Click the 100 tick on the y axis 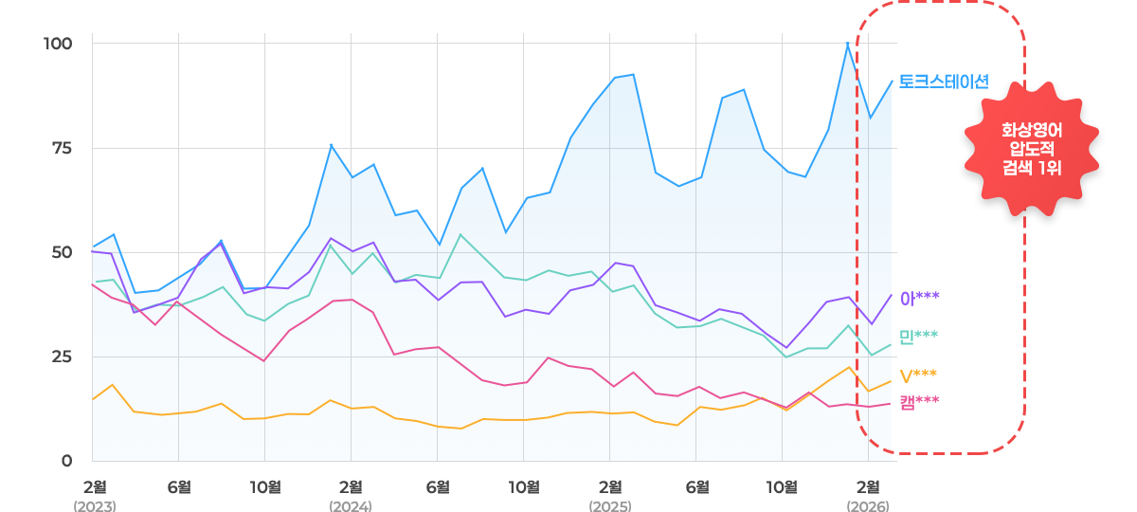[58, 44]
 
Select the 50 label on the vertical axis [60, 252]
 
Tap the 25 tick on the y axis [60, 357]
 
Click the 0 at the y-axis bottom [66, 461]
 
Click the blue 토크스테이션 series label [943, 82]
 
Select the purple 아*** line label [919, 298]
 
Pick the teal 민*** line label [919, 336]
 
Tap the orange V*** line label [919, 375]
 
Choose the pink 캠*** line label [919, 401]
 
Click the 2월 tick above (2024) [351, 486]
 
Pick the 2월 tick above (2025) [610, 486]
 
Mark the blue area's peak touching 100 [848, 43]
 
